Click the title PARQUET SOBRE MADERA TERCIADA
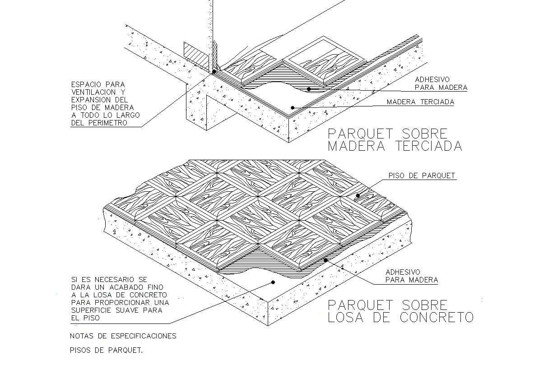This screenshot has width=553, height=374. [395, 140]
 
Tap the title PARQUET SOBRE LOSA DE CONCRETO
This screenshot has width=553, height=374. [400, 311]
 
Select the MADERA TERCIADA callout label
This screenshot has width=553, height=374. [420, 102]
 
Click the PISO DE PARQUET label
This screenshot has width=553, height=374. [422, 176]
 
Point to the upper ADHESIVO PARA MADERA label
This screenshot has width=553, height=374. [441, 83]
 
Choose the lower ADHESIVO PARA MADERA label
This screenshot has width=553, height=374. [411, 276]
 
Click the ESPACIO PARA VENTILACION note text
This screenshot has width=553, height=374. [105, 103]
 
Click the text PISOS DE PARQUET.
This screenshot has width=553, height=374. [106, 350]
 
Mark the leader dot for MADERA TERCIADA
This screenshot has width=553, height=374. [293, 107]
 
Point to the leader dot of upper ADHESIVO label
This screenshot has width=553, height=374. [309, 89]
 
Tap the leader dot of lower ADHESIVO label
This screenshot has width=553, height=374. [325, 260]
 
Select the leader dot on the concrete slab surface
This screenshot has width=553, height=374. [273, 282]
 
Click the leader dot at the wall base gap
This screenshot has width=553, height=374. [214, 71]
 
